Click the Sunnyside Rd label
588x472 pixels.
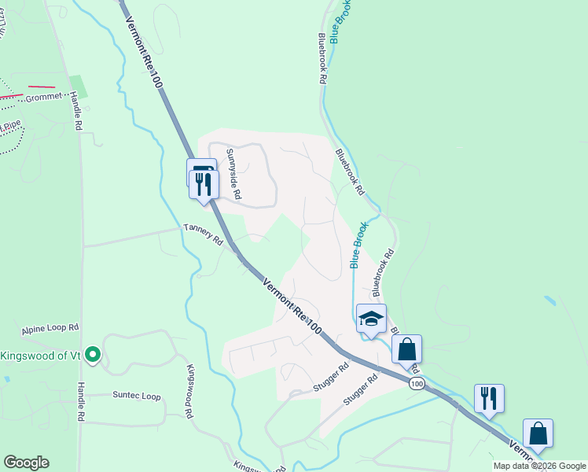(x=233, y=172)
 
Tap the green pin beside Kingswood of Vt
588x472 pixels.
(x=93, y=354)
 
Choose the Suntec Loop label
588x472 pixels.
(x=136, y=396)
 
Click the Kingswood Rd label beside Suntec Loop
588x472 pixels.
(x=190, y=391)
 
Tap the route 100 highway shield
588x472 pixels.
(x=417, y=383)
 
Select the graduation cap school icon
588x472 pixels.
(x=371, y=319)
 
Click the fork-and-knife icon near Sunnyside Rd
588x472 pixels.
(x=204, y=185)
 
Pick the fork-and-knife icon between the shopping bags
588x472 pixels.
(x=489, y=398)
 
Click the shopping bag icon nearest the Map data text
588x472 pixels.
(x=538, y=433)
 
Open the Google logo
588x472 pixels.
(x=26, y=463)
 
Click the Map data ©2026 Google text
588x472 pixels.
(x=539, y=466)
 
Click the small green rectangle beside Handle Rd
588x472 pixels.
(x=79, y=87)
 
